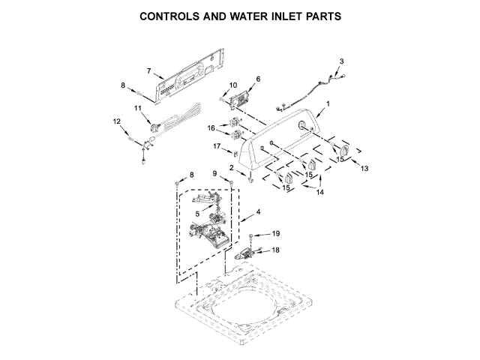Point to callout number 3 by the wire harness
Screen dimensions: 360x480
click(341, 61)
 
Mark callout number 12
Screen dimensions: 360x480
click(117, 121)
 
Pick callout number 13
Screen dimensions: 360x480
click(365, 169)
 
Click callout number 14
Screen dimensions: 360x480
click(319, 193)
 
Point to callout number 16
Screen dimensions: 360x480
click(212, 127)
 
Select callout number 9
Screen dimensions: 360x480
click(214, 174)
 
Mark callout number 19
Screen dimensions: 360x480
click(275, 234)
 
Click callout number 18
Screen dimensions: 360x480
click(275, 250)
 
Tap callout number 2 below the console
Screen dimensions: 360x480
click(232, 167)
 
